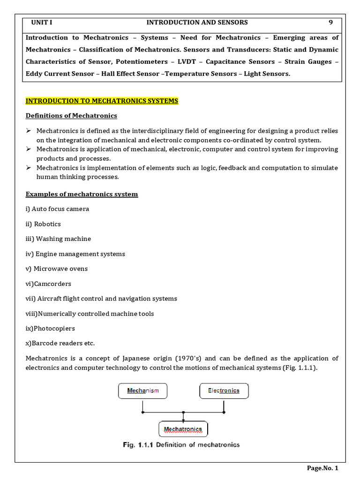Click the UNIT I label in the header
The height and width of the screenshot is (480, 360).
41,22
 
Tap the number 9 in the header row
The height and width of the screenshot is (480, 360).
330,22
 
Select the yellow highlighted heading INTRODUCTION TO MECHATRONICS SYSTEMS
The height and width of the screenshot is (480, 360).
102,101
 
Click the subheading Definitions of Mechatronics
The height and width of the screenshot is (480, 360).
71,116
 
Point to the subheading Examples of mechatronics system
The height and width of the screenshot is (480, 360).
82,194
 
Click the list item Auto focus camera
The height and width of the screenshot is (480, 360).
57,209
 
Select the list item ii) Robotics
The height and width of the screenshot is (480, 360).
43,224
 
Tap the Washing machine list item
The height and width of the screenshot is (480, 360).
58,239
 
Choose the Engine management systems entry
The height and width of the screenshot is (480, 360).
75,254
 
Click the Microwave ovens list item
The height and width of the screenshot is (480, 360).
57,269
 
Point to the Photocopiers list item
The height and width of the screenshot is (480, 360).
50,329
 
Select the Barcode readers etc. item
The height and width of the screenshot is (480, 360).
60,344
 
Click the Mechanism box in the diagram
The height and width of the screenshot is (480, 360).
142,390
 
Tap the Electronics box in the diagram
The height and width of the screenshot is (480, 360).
224,390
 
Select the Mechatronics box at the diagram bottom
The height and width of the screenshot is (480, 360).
183,429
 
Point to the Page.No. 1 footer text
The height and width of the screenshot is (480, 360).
322,468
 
